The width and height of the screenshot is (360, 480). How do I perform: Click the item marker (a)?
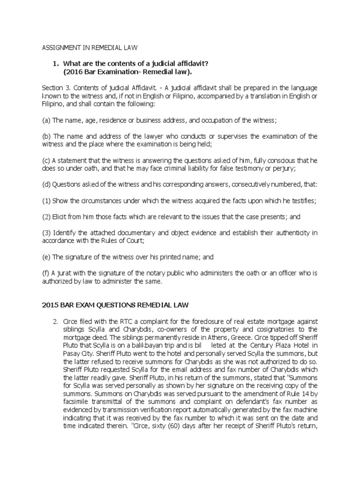46,120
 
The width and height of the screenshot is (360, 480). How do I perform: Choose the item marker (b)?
46,136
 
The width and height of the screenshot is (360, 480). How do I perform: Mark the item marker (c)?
46,160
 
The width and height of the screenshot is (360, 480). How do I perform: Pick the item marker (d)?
46,184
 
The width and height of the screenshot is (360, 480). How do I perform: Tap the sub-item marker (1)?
46,201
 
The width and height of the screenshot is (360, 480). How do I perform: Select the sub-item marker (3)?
46,232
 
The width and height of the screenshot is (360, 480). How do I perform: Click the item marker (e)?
46,257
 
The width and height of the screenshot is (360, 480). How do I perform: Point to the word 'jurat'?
65,273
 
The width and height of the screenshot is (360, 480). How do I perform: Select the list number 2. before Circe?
55,321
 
